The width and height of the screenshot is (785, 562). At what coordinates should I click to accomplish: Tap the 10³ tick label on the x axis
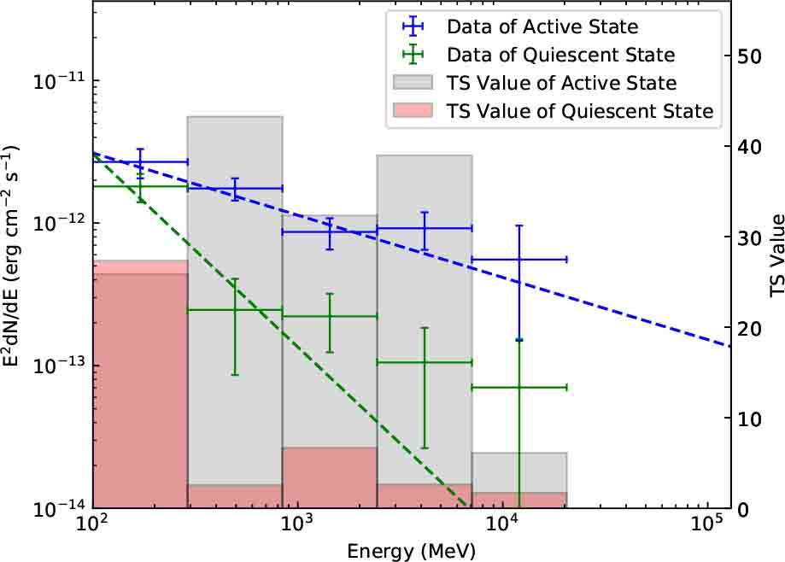coord(295,524)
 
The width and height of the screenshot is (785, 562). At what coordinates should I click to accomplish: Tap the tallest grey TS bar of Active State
coord(235,299)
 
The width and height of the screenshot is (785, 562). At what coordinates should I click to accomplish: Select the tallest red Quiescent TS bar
coord(140,384)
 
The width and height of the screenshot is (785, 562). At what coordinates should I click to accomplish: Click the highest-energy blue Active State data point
coord(519,259)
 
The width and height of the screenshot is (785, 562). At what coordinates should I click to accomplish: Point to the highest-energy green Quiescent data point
coord(519,387)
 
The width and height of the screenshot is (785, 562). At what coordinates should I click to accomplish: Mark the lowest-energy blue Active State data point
coord(140,161)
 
